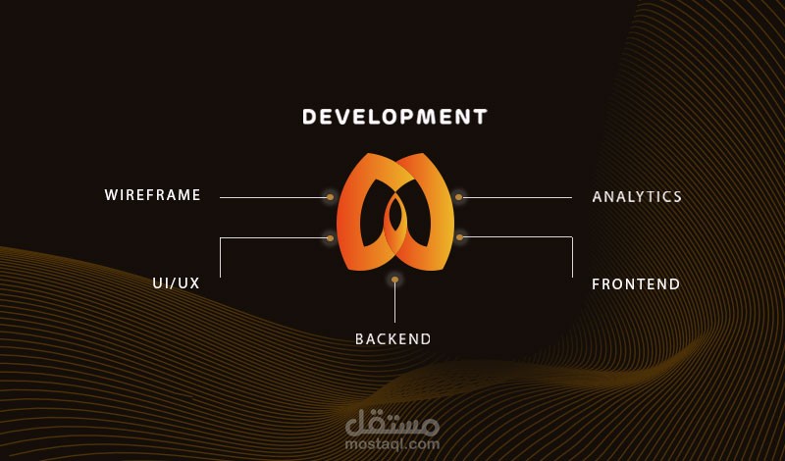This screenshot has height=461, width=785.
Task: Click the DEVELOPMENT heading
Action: [x=394, y=117]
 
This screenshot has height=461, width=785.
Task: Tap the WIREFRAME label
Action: [x=153, y=195]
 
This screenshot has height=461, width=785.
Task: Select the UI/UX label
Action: [x=176, y=283]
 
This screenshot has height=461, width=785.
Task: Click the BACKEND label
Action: [x=392, y=339]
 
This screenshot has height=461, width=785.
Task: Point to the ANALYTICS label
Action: [x=637, y=197]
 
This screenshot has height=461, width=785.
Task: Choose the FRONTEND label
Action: [x=636, y=284]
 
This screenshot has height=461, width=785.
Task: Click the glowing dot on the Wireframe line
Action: [x=330, y=197]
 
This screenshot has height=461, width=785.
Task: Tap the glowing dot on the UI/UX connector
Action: [x=330, y=238]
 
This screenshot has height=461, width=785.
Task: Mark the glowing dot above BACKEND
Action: [x=394, y=281]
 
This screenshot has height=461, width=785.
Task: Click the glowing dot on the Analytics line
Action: [x=458, y=197]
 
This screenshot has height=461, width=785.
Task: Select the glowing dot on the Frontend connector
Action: [x=459, y=237]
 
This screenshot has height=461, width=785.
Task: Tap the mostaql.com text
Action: [x=392, y=443]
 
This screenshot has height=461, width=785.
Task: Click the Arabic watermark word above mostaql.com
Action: [x=392, y=423]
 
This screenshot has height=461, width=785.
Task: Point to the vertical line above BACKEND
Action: [x=394, y=304]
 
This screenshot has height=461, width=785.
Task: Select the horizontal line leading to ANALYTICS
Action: [x=520, y=197]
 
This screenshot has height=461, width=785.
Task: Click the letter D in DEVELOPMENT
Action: [x=309, y=117]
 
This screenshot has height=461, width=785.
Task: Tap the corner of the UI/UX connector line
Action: [x=221, y=238]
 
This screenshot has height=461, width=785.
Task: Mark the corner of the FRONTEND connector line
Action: [x=572, y=237]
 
